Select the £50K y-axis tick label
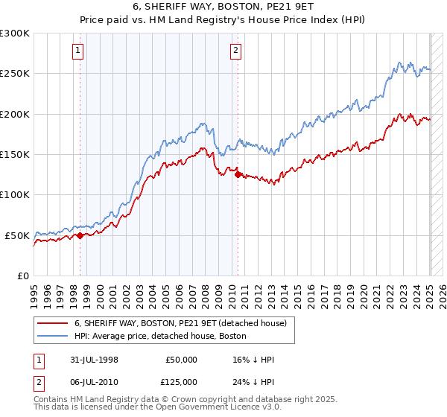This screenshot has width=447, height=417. point(18,235)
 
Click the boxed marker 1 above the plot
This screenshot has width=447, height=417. point(78,51)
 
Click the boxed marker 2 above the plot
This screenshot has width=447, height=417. point(235,51)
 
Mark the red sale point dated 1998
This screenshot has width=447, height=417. point(80,236)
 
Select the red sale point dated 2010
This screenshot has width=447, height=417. point(238,176)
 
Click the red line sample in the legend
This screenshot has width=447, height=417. point(52,323)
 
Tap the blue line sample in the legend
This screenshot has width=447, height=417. point(52,336)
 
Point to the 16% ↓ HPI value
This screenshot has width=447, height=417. point(253,360)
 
